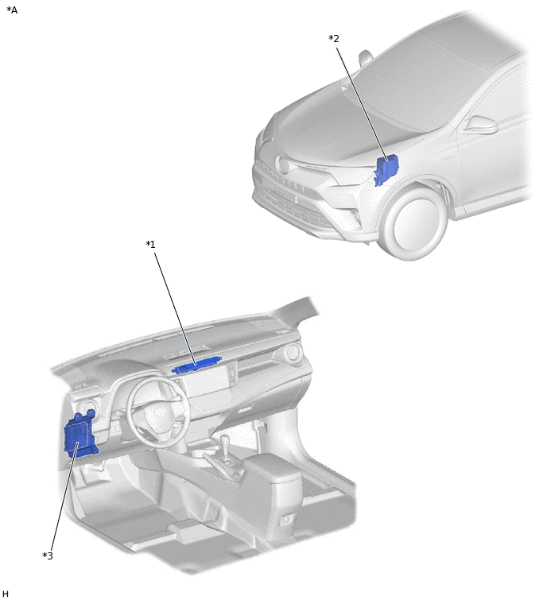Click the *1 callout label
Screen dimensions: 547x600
pyautogui.click(x=150, y=244)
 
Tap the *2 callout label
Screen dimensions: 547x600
pyautogui.click(x=334, y=39)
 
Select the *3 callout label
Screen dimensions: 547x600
pyautogui.click(x=48, y=555)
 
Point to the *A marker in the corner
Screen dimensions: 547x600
pyautogui.click(x=12, y=10)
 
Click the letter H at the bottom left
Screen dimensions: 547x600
pyautogui.click(x=5, y=594)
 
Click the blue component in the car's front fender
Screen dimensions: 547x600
pyautogui.click(x=386, y=169)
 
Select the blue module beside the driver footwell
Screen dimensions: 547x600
pyautogui.click(x=80, y=434)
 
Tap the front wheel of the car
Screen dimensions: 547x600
pyautogui.click(x=415, y=222)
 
